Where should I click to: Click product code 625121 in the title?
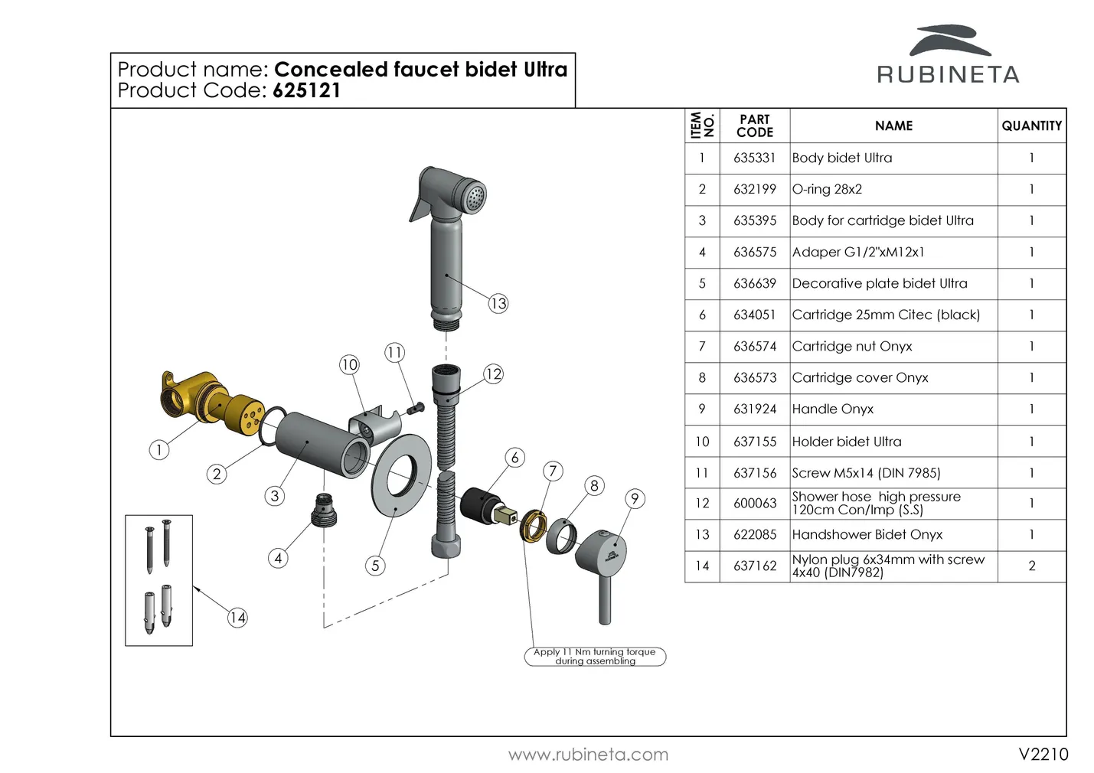pos(306,90)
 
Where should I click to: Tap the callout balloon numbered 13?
pos(498,304)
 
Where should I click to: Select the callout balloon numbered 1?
pos(158,450)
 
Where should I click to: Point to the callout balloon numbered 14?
pos(237,618)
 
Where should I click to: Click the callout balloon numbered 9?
pos(635,499)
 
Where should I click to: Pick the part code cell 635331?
pos(754,158)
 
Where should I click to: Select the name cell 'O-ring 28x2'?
pos(828,189)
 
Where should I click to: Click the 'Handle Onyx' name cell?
pos(833,409)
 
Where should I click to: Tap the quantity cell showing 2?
pos(1031,566)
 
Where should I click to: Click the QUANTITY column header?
pos(1031,126)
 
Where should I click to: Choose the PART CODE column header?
pos(754,126)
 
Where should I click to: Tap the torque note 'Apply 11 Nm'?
pos(595,657)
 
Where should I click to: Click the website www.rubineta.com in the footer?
pos(588,755)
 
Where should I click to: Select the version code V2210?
pos(1043,755)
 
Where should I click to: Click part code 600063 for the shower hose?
pos(754,504)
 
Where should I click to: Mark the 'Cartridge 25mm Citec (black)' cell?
pos(886,315)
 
